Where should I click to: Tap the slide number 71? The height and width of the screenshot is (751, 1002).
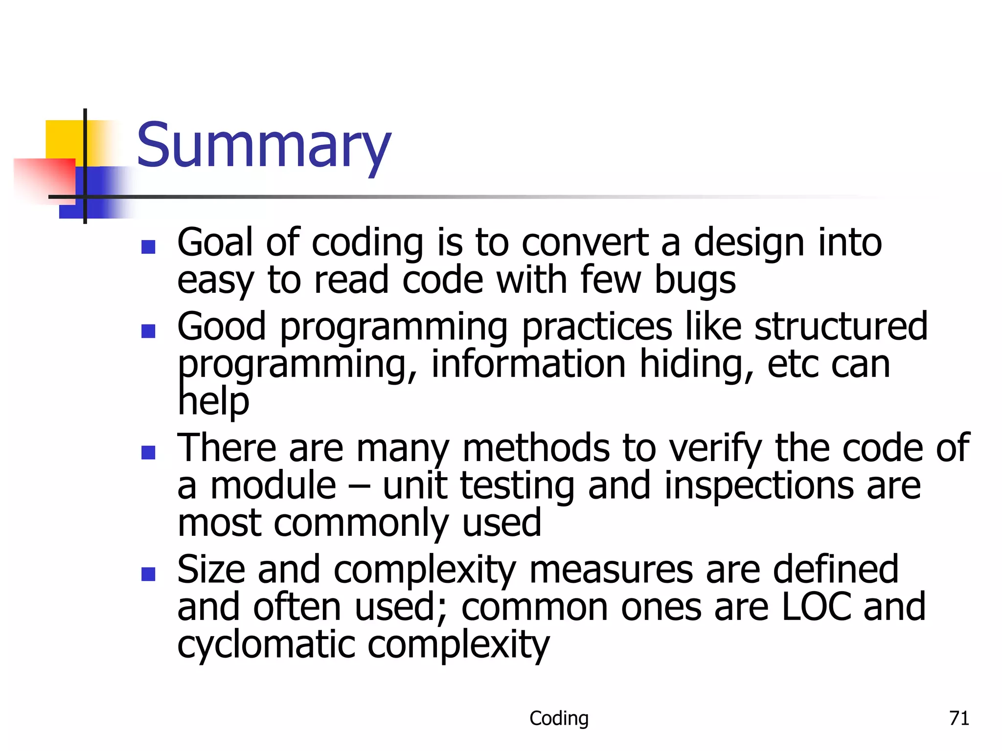tap(959, 718)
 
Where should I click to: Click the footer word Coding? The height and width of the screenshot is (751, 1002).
tap(559, 718)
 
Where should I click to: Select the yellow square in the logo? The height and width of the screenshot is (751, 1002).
tap(64, 139)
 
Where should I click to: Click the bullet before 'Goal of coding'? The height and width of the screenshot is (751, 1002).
tap(148, 246)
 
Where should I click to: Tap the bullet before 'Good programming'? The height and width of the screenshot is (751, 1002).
tap(148, 331)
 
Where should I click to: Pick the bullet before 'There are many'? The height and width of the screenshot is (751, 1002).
tap(148, 452)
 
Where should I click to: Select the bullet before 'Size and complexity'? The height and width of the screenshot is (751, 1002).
tap(148, 574)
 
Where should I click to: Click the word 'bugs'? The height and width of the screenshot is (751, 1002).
tap(695, 281)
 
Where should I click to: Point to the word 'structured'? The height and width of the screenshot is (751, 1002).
tap(841, 327)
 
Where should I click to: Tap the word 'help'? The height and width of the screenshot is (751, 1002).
tap(213, 402)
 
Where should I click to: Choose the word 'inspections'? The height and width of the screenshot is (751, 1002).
tap(758, 486)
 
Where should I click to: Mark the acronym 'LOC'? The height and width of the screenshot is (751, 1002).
tap(816, 607)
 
